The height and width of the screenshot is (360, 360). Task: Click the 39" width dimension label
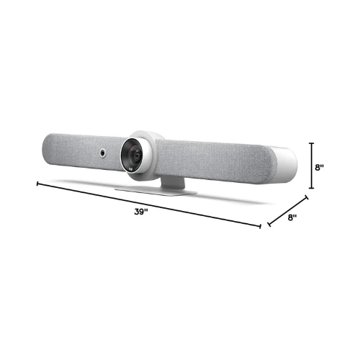tap(140, 212)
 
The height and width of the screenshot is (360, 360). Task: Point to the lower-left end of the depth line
tap(269, 225)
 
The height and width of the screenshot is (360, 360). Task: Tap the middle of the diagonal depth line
tap(288, 210)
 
